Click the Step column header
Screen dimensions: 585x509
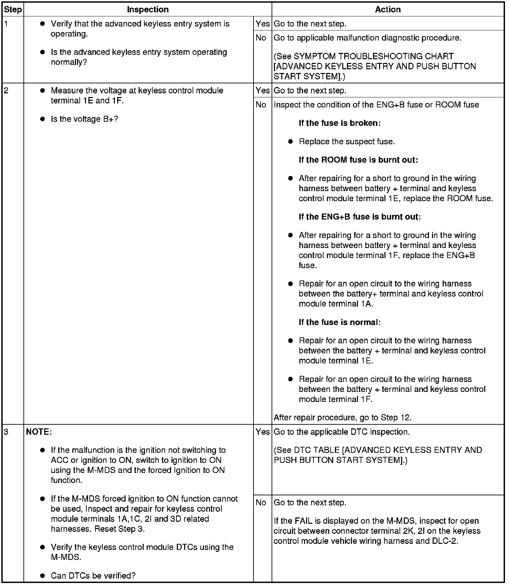[13, 9]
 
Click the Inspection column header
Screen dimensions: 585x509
[148, 9]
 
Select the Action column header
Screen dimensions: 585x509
[388, 9]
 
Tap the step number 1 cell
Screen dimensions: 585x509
[7, 24]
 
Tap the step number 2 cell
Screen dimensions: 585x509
[7, 91]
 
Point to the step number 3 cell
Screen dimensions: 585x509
[7, 432]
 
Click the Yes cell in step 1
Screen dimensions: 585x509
[263, 24]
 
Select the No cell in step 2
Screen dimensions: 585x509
[261, 105]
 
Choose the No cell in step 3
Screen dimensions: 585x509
[261, 502]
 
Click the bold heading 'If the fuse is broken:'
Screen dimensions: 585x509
[340, 123]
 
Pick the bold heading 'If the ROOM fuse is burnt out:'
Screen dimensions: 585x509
[358, 160]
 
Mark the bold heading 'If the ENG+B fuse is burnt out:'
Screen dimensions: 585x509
[360, 217]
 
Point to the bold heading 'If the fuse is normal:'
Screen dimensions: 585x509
[340, 322]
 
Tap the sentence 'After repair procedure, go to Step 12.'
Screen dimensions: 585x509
[343, 417]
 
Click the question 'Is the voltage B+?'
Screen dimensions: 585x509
[84, 119]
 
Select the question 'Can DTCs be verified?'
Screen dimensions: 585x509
[93, 576]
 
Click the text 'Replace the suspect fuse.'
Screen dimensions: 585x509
[347, 142]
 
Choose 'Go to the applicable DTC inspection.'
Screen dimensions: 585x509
[342, 432]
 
